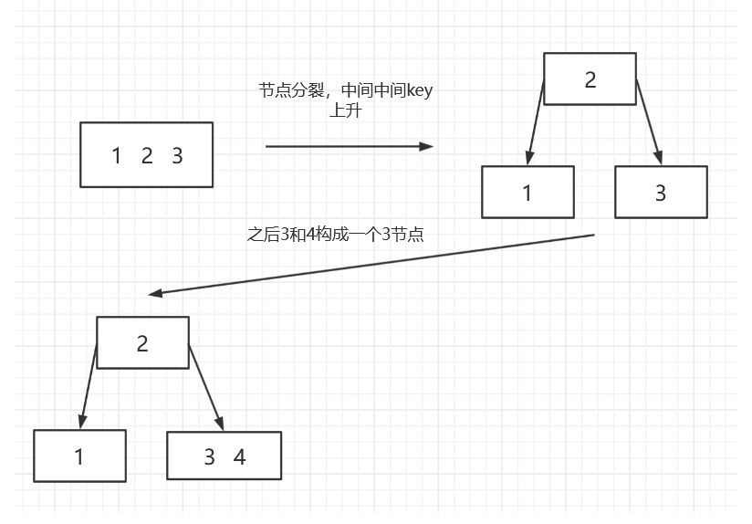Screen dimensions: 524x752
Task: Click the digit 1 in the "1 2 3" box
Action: (116, 156)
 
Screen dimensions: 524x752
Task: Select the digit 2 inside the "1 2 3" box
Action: (147, 156)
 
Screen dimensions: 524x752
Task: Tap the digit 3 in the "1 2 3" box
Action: (177, 156)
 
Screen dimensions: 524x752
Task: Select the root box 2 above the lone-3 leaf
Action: (590, 79)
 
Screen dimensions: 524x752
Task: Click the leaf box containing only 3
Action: (661, 193)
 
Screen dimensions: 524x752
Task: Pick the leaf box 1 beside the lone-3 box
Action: (527, 193)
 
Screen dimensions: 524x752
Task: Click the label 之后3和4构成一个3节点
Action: (336, 234)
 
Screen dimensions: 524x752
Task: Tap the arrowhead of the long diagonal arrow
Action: (155, 294)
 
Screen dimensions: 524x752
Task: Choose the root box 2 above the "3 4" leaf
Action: (142, 343)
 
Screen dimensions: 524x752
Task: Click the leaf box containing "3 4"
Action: (224, 456)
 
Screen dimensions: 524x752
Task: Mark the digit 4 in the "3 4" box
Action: (240, 457)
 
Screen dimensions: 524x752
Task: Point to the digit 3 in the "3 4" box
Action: (209, 457)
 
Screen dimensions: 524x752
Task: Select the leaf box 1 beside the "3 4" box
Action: (79, 456)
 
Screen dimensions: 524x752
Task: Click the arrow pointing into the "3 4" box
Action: (206, 388)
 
